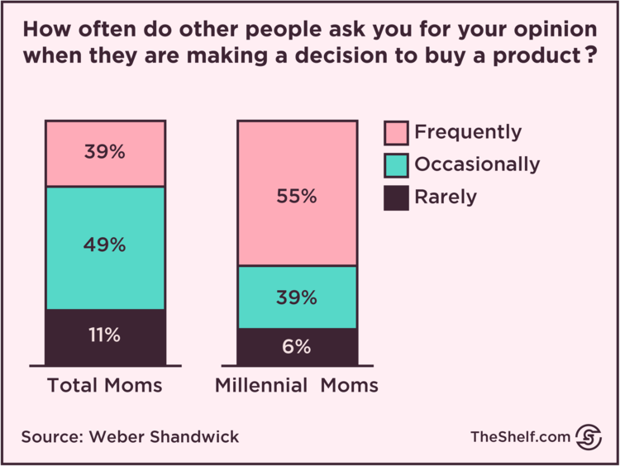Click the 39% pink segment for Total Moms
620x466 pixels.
coord(106,154)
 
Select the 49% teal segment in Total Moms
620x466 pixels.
coord(106,248)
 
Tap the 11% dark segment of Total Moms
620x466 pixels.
coord(106,337)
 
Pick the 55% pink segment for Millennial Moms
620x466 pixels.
coord(298,193)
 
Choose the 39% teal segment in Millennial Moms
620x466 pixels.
coord(298,297)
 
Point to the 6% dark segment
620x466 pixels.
coord(298,347)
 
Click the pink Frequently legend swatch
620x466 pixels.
coord(396,133)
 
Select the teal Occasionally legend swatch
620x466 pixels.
coord(396,165)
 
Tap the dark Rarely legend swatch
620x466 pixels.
coord(396,197)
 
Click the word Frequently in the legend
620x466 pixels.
coord(468,132)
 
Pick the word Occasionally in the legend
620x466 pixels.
coord(477,164)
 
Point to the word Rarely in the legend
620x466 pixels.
coord(446,197)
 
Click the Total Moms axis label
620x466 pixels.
coord(105,386)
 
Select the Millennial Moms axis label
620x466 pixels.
coord(297,386)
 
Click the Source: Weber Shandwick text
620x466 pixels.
coord(130,437)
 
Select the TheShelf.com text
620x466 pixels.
coord(520,437)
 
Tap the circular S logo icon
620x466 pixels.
coord(588,436)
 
